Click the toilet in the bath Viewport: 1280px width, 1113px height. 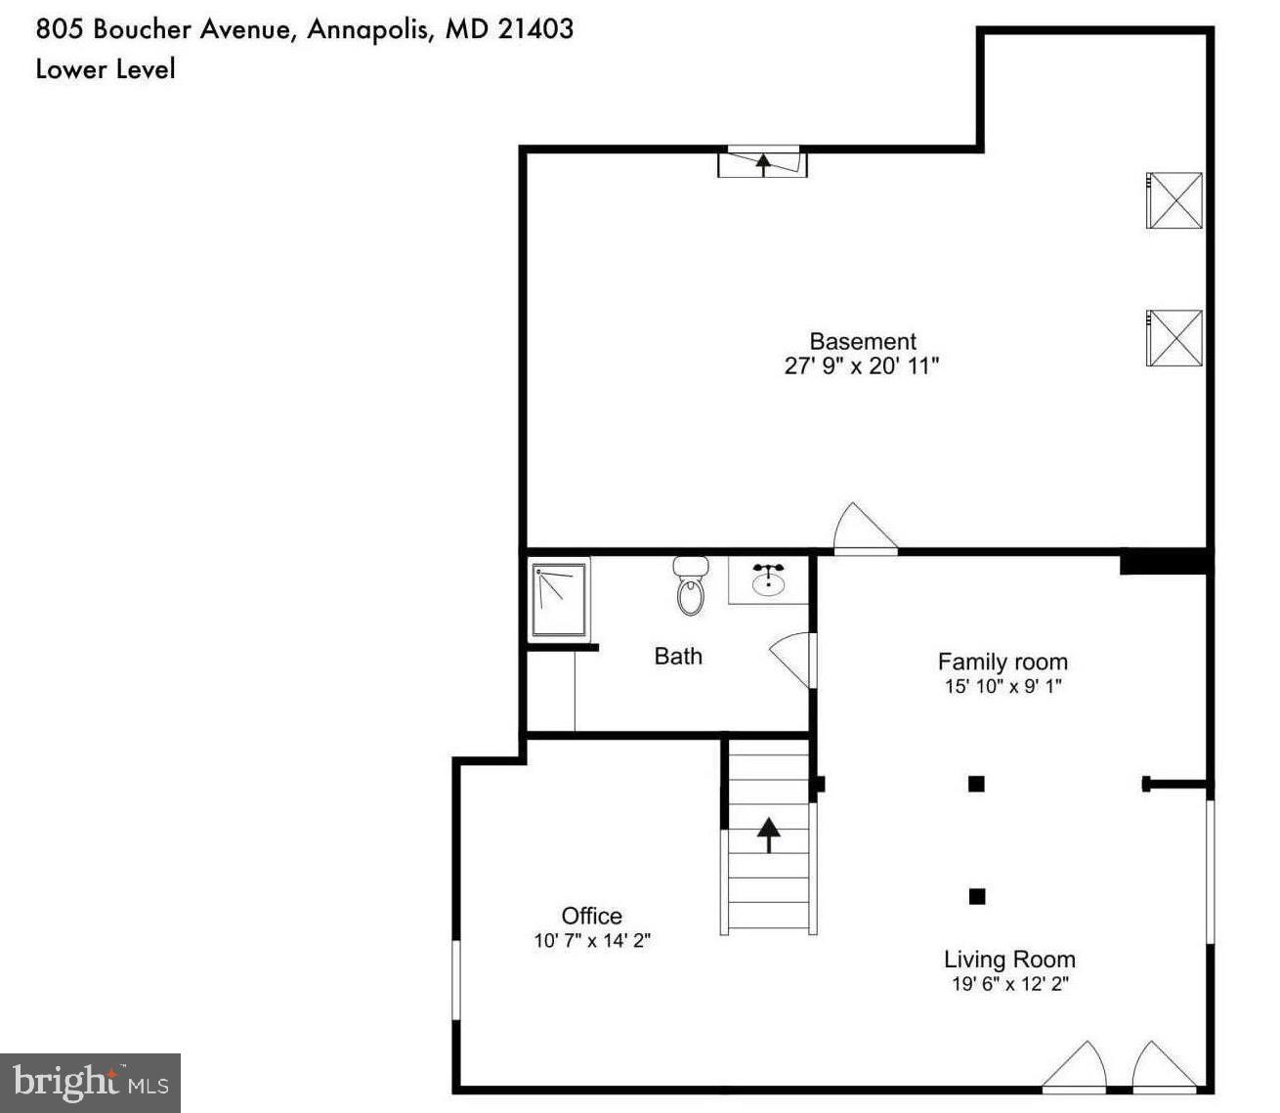click(691, 586)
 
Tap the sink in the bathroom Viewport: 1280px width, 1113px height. click(768, 581)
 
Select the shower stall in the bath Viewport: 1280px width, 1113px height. click(559, 599)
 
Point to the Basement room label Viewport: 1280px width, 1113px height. click(863, 341)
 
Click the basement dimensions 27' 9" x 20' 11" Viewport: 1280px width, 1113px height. click(862, 366)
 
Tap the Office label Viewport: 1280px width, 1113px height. click(591, 916)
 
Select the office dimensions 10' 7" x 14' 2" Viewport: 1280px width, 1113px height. click(592, 941)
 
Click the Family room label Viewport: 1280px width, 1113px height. click(1003, 662)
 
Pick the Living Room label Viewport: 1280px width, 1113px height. click(1009, 959)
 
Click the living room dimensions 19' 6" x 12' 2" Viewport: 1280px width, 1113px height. click(1010, 984)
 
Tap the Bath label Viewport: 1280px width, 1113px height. click(678, 656)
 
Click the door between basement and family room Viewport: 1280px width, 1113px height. click(864, 531)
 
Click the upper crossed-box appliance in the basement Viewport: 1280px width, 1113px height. click(1174, 200)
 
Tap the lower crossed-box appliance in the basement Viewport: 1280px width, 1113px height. click(1174, 337)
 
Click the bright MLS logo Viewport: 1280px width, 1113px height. click(91, 1083)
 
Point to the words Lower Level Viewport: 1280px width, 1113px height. click(106, 69)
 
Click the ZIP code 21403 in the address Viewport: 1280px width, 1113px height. click(535, 28)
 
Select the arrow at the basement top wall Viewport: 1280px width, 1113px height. click(763, 162)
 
